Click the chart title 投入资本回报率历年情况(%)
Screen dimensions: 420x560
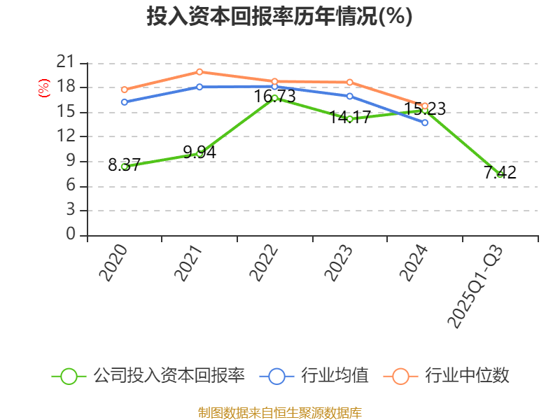click(x=279, y=17)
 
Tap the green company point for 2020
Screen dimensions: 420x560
click(x=124, y=167)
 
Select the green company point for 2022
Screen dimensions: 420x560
click(x=274, y=98)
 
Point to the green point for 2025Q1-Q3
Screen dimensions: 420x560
click(x=500, y=174)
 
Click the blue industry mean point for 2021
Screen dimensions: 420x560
click(x=199, y=87)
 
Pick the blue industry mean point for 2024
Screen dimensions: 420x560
click(x=425, y=122)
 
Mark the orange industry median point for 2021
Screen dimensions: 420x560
click(x=199, y=71)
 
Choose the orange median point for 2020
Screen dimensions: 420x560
click(x=124, y=90)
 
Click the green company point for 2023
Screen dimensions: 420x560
click(x=349, y=119)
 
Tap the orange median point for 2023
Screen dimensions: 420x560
click(x=349, y=82)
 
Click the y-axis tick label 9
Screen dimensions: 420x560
click(x=70, y=161)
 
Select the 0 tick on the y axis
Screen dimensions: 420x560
click(x=70, y=234)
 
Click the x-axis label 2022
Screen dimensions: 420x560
click(x=264, y=264)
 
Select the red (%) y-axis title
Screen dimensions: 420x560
click(x=44, y=88)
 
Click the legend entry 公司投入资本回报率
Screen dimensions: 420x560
click(x=169, y=376)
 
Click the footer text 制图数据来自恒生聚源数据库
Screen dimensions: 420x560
click(x=279, y=412)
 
